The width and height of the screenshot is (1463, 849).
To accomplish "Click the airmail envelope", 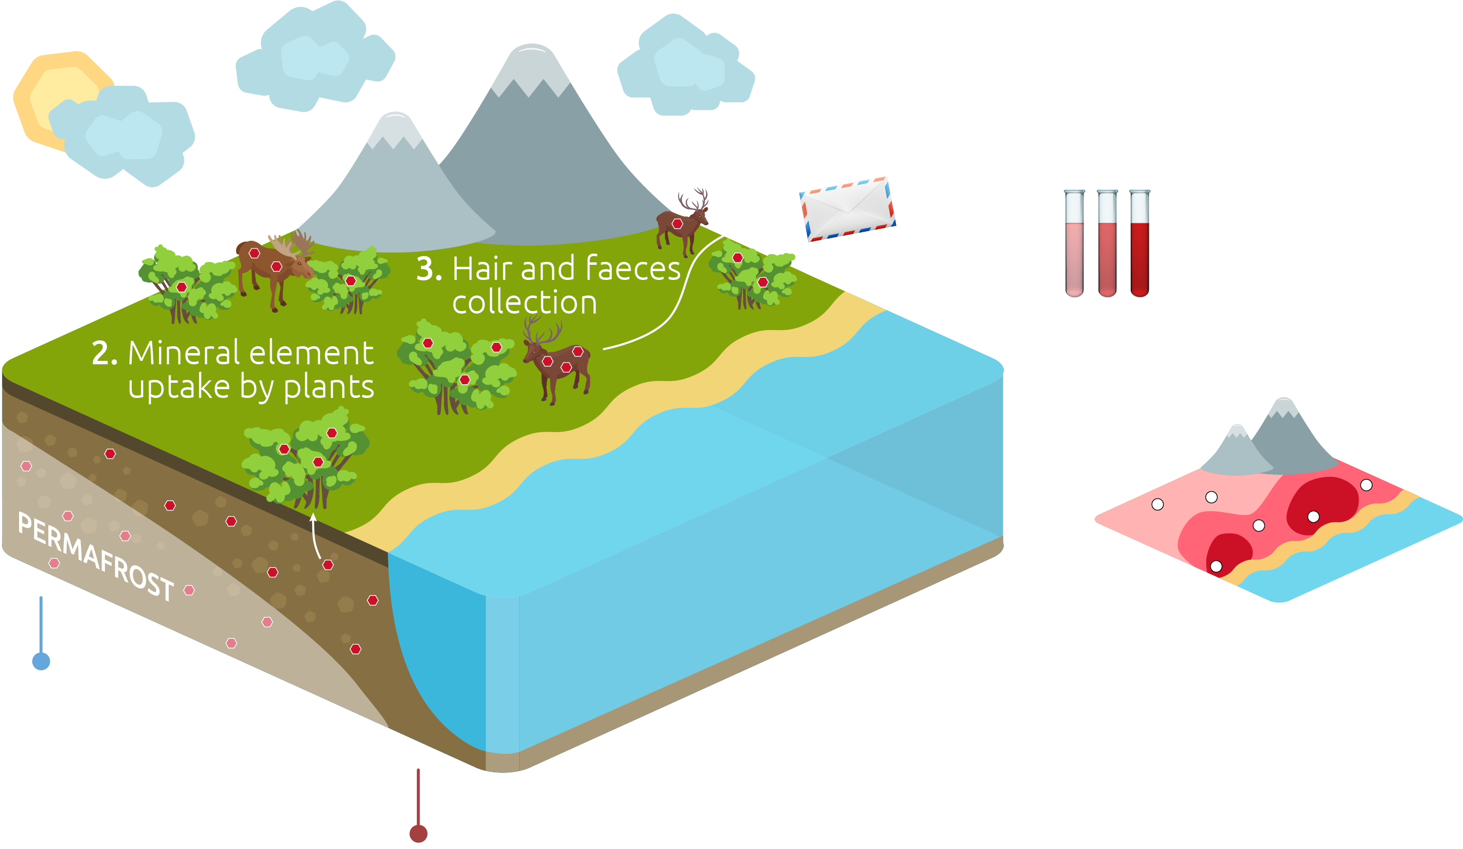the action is tap(848, 209).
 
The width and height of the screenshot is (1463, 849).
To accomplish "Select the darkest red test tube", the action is tap(1139, 243).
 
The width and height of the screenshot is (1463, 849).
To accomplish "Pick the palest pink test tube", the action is tap(1075, 243).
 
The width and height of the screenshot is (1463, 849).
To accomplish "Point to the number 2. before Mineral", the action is tap(104, 353).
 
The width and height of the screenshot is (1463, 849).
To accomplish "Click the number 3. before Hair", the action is tap(429, 269).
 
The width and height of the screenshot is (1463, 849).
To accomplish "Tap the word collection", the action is tap(525, 302).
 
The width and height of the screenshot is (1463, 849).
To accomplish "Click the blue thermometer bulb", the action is tap(41, 661).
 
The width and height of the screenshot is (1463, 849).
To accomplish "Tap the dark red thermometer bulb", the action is tap(419, 833).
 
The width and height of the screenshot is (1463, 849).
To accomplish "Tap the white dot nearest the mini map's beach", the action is tap(1216, 566).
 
